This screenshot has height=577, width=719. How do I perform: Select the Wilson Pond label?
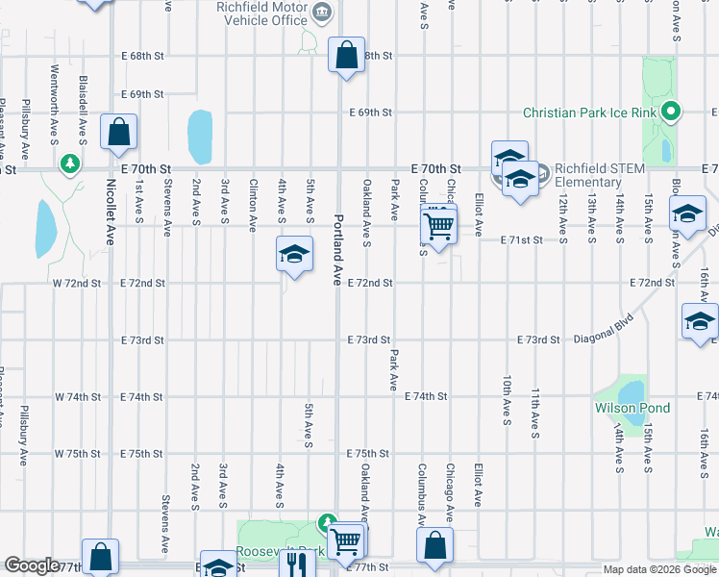click(632, 409)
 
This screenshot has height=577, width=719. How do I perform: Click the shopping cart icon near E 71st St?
click(438, 227)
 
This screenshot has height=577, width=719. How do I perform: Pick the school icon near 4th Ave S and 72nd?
click(295, 255)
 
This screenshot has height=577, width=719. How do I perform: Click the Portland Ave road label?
click(337, 249)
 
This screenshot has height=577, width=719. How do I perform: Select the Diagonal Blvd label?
click(611, 328)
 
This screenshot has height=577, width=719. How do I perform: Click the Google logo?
click(32, 564)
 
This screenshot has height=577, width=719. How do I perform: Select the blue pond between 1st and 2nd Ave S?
click(200, 137)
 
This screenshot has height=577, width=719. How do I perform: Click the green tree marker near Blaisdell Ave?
click(69, 163)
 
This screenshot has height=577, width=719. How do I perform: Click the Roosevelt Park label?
click(279, 551)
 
